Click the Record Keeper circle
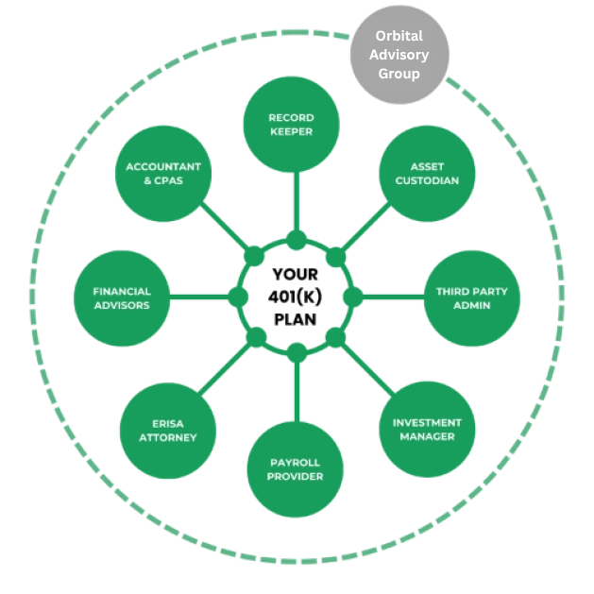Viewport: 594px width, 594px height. tap(292, 126)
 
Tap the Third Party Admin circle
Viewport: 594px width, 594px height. tap(471, 298)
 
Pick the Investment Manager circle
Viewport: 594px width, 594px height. tap(427, 430)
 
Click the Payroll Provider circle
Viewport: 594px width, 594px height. tap(295, 469)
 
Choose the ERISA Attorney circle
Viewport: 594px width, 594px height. tap(168, 431)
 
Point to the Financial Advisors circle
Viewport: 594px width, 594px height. tap(122, 298)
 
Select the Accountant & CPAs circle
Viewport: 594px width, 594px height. tap(163, 174)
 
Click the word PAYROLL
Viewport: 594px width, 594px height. tap(295, 462)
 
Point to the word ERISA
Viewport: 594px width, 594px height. tap(168, 423)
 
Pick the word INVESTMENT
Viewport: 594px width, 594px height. tap(427, 422)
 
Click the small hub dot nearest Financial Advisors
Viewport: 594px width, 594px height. tap(238, 297)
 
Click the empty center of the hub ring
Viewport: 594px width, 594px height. tap(296, 297)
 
